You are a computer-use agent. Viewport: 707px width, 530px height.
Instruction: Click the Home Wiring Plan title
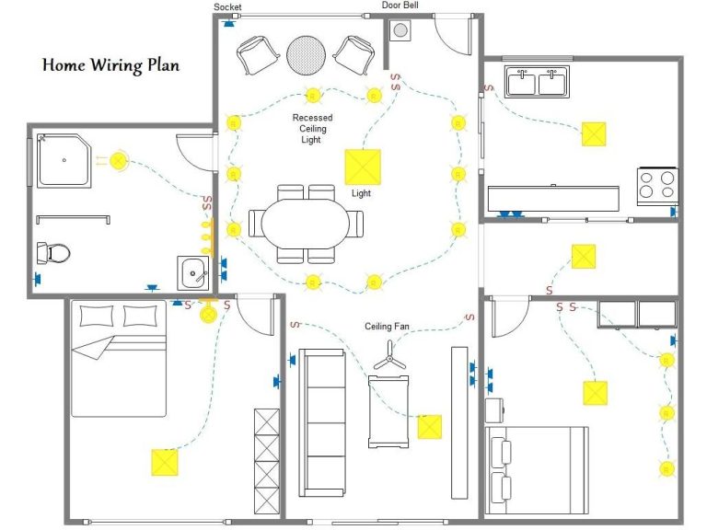point(110,65)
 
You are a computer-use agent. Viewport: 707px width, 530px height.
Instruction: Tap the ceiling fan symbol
point(389,356)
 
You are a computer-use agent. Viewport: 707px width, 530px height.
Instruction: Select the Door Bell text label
point(400,5)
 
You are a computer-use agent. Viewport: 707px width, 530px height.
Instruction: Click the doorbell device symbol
point(400,30)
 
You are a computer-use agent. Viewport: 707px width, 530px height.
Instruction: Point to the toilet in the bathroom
point(53,253)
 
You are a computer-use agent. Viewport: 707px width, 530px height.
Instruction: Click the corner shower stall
point(64,160)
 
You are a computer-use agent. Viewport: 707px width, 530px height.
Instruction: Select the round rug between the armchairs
point(307,55)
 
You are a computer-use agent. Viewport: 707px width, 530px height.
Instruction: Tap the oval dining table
point(306,223)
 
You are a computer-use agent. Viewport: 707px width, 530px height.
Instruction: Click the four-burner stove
point(657,187)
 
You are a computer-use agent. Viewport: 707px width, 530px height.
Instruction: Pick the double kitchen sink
point(537,82)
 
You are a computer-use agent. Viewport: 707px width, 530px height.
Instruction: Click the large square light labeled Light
point(363,167)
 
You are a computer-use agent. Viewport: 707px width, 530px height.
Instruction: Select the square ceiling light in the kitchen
point(594,134)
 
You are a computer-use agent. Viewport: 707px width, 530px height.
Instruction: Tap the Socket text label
point(227,6)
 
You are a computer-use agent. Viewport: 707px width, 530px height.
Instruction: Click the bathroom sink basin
point(193,273)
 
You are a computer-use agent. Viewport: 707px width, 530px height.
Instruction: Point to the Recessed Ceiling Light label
point(312,129)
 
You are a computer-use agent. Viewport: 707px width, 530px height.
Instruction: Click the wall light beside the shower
point(118,160)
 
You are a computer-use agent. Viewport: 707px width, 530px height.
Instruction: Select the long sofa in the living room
point(322,422)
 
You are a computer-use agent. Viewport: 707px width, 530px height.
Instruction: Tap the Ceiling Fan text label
point(387,327)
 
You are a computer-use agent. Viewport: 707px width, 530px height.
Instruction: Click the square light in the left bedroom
point(165,463)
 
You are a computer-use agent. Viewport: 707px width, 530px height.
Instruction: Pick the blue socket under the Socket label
point(229,23)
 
